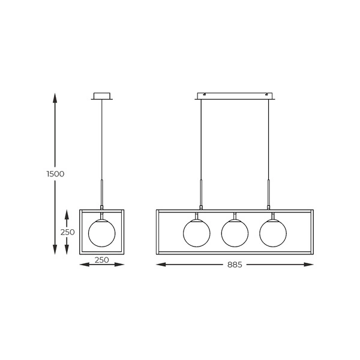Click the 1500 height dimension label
[55, 173]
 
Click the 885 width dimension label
[235, 265]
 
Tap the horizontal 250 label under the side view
[101, 260]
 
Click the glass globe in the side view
[101, 233]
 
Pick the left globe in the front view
[196, 233]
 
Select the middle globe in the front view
[235, 233]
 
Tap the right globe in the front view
[273, 233]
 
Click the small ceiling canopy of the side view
[103, 96]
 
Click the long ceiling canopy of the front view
[235, 96]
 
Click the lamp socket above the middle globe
[235, 216]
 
